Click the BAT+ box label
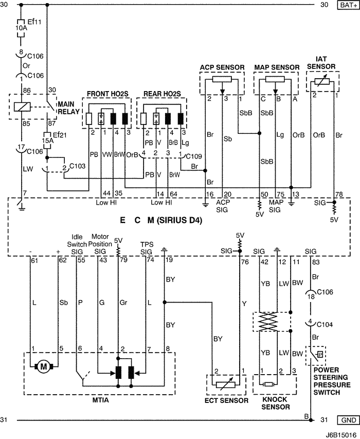(x=347, y=5)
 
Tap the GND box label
(x=347, y=420)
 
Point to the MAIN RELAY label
(x=68, y=107)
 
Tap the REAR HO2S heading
(x=161, y=94)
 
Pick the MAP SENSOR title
(x=277, y=67)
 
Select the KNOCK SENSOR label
(x=275, y=403)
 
